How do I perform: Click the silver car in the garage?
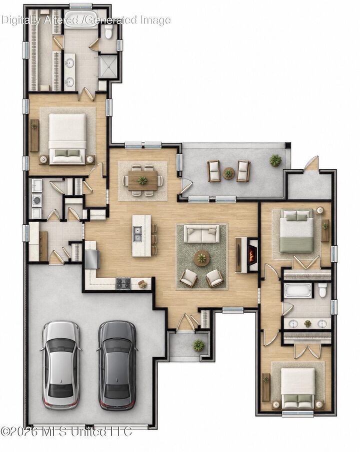(x=61, y=366)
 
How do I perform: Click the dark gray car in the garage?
(x=117, y=366)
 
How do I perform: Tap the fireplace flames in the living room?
(x=253, y=255)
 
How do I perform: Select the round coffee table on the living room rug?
(x=202, y=258)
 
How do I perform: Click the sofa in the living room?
(x=201, y=234)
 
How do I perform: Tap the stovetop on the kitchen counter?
(x=123, y=284)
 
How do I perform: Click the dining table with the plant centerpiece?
(x=142, y=180)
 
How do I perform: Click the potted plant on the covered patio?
(x=275, y=160)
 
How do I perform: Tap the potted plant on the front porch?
(x=198, y=345)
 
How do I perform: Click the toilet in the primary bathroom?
(x=108, y=31)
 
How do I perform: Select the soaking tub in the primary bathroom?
(x=80, y=19)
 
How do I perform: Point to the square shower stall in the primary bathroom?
(x=108, y=66)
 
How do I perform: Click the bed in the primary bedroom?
(x=67, y=139)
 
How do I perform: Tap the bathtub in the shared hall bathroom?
(x=298, y=290)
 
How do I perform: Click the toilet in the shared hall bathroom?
(x=323, y=290)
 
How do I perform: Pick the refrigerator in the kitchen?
(x=92, y=259)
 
